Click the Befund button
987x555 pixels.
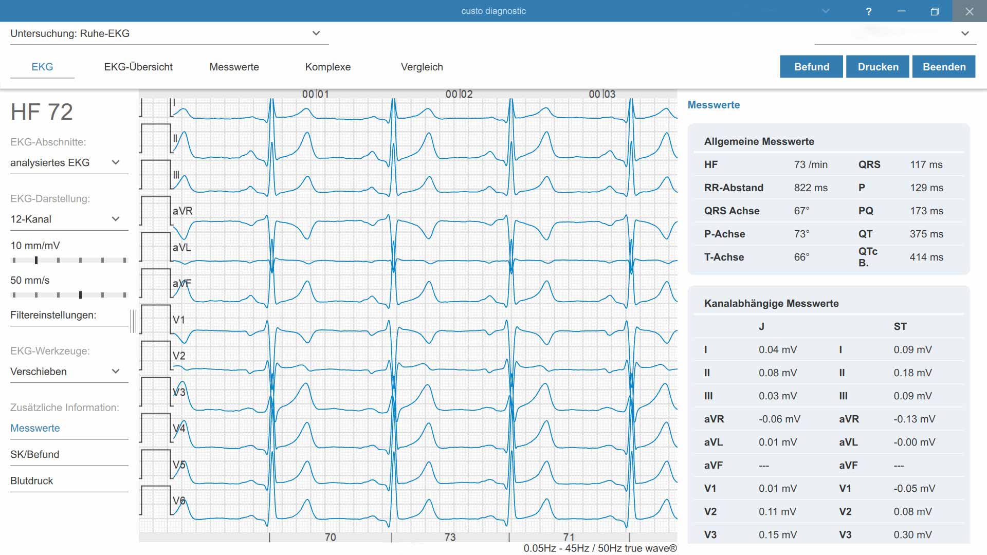(811, 67)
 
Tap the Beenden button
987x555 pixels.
(944, 67)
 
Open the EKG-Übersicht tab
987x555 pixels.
(138, 67)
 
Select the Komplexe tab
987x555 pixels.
(328, 67)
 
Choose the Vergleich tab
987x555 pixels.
(422, 67)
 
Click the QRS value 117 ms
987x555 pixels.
(926, 164)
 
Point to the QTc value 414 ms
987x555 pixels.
(926, 257)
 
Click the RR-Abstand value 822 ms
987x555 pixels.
(811, 188)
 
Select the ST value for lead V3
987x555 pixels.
(912, 534)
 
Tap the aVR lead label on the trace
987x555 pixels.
(182, 211)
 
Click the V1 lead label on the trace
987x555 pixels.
(178, 320)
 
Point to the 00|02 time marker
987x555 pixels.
(459, 94)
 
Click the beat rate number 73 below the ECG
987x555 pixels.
(450, 537)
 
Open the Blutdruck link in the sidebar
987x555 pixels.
(32, 480)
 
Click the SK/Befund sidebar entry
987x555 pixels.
(35, 454)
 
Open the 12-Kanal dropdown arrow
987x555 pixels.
(116, 219)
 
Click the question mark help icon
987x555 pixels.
(868, 11)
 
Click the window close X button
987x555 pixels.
(969, 11)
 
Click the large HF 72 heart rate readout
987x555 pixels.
(42, 112)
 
